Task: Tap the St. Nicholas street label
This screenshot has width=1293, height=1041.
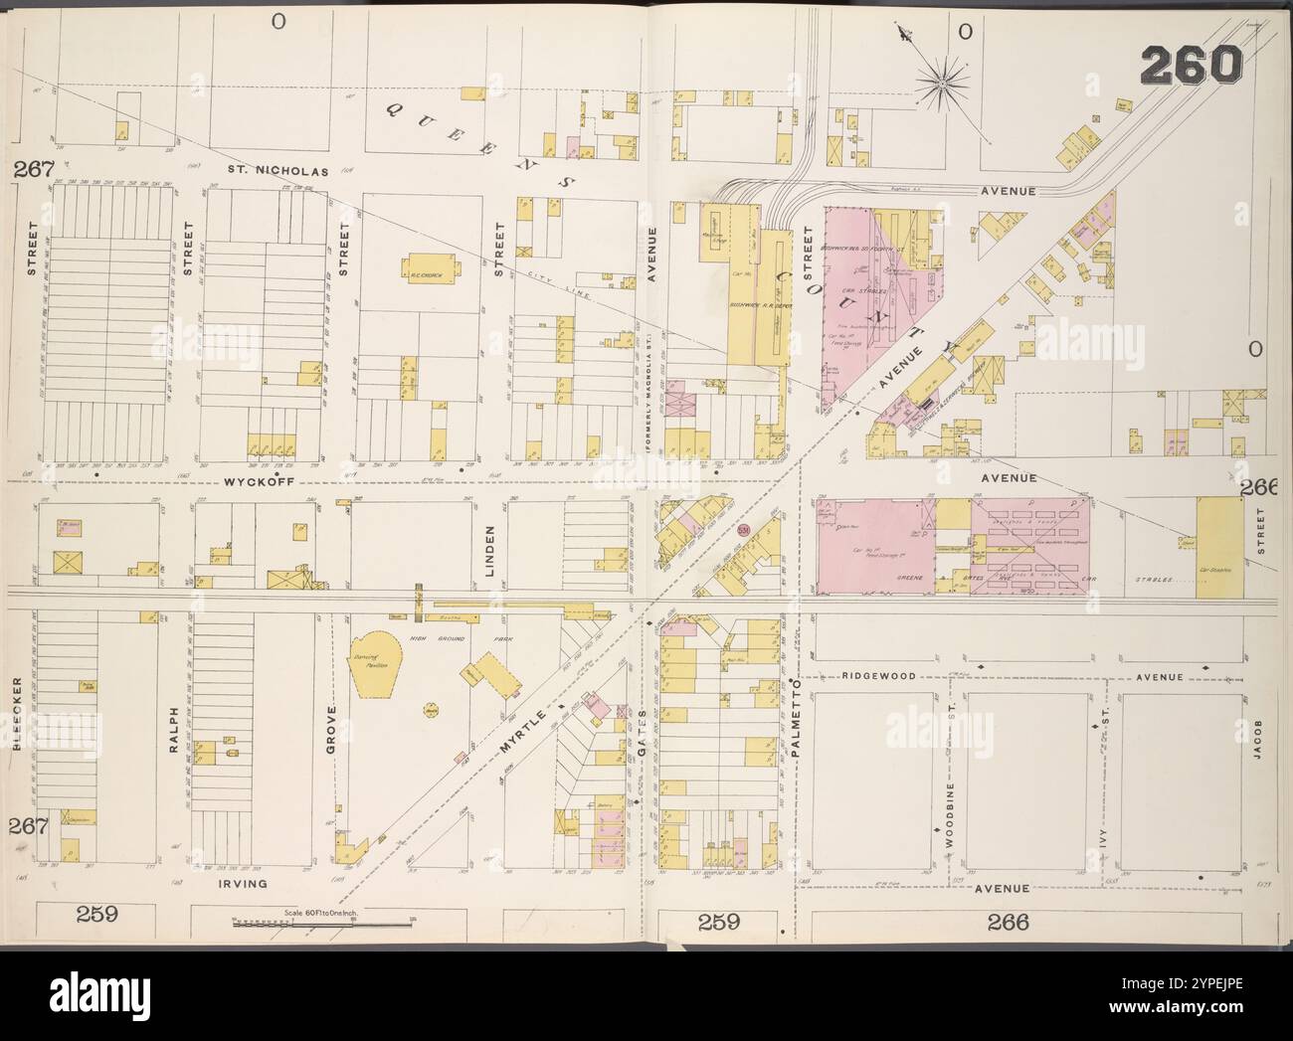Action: pyautogui.click(x=270, y=171)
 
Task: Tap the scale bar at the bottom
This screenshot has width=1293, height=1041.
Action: pyautogui.click(x=323, y=924)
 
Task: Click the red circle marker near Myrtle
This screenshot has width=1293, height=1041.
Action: pyautogui.click(x=744, y=530)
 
